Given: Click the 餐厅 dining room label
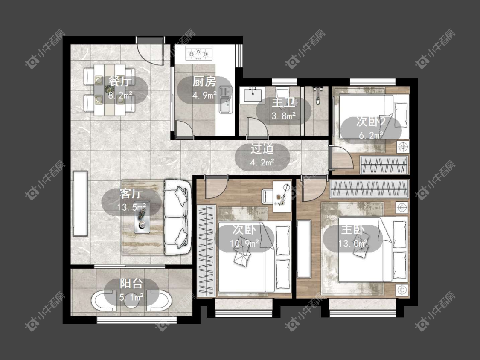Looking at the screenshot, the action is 120,82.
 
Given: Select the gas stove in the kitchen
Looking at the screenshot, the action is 199,53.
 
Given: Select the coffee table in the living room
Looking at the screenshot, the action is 142,217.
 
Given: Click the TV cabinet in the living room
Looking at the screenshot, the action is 80,203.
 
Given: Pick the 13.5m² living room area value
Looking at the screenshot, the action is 131,208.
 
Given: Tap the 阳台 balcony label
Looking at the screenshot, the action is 131,284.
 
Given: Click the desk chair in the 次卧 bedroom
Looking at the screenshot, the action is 267,196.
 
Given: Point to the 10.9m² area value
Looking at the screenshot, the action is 244,244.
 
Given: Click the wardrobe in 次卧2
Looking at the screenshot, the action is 384,165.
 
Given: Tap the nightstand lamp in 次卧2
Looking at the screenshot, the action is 403,147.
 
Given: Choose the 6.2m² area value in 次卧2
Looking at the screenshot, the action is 371,135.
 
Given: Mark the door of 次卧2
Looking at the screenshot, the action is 341,157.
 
